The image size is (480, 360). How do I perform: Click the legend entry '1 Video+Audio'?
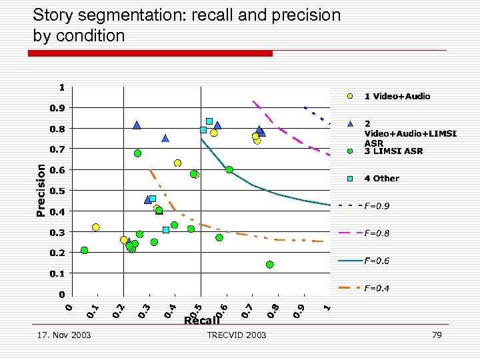397,96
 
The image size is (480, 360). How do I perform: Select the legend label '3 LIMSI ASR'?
393,151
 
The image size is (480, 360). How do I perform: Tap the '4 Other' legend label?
381,179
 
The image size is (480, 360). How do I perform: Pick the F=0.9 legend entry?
377,206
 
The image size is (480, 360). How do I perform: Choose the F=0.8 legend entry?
377,233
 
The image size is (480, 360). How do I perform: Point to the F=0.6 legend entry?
377,261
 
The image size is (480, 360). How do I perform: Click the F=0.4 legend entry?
377,288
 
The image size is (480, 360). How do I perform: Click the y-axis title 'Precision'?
41,190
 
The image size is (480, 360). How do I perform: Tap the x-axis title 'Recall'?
201,321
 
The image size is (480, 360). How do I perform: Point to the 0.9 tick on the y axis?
58,108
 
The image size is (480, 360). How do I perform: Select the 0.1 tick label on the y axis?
58,273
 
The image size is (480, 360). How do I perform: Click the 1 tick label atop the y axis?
61,87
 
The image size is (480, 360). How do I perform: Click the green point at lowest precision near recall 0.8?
270,265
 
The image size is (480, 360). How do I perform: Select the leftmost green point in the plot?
85,251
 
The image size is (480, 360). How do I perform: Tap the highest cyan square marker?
209,121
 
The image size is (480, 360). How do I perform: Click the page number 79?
437,335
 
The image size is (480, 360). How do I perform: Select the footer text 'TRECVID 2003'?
237,335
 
